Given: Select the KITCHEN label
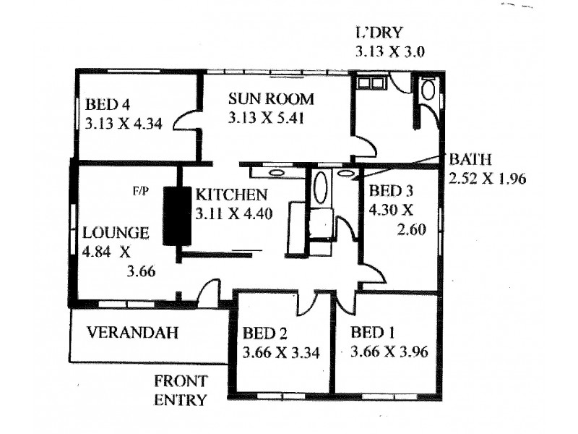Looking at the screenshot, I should (x=232, y=195).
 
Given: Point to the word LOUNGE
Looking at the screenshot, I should (x=116, y=233).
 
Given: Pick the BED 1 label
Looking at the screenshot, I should (x=374, y=333).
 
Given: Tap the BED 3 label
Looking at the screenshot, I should (x=390, y=192).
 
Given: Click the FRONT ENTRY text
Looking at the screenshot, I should (x=181, y=390).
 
